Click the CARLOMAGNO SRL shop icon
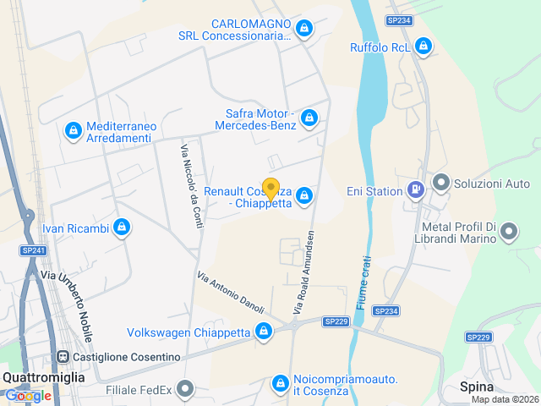tap(304, 29)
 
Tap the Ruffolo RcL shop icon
tap(424, 47)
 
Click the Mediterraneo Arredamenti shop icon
tap(74, 131)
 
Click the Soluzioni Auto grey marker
tap(440, 183)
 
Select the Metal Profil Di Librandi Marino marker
tap(509, 231)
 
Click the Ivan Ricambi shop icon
tap(123, 228)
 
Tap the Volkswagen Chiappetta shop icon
tap(265, 332)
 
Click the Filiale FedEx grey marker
tap(186, 389)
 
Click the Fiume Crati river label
tap(363, 283)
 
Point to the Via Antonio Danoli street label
tap(231, 291)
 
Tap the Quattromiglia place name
tap(43, 378)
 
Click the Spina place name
tap(477, 387)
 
